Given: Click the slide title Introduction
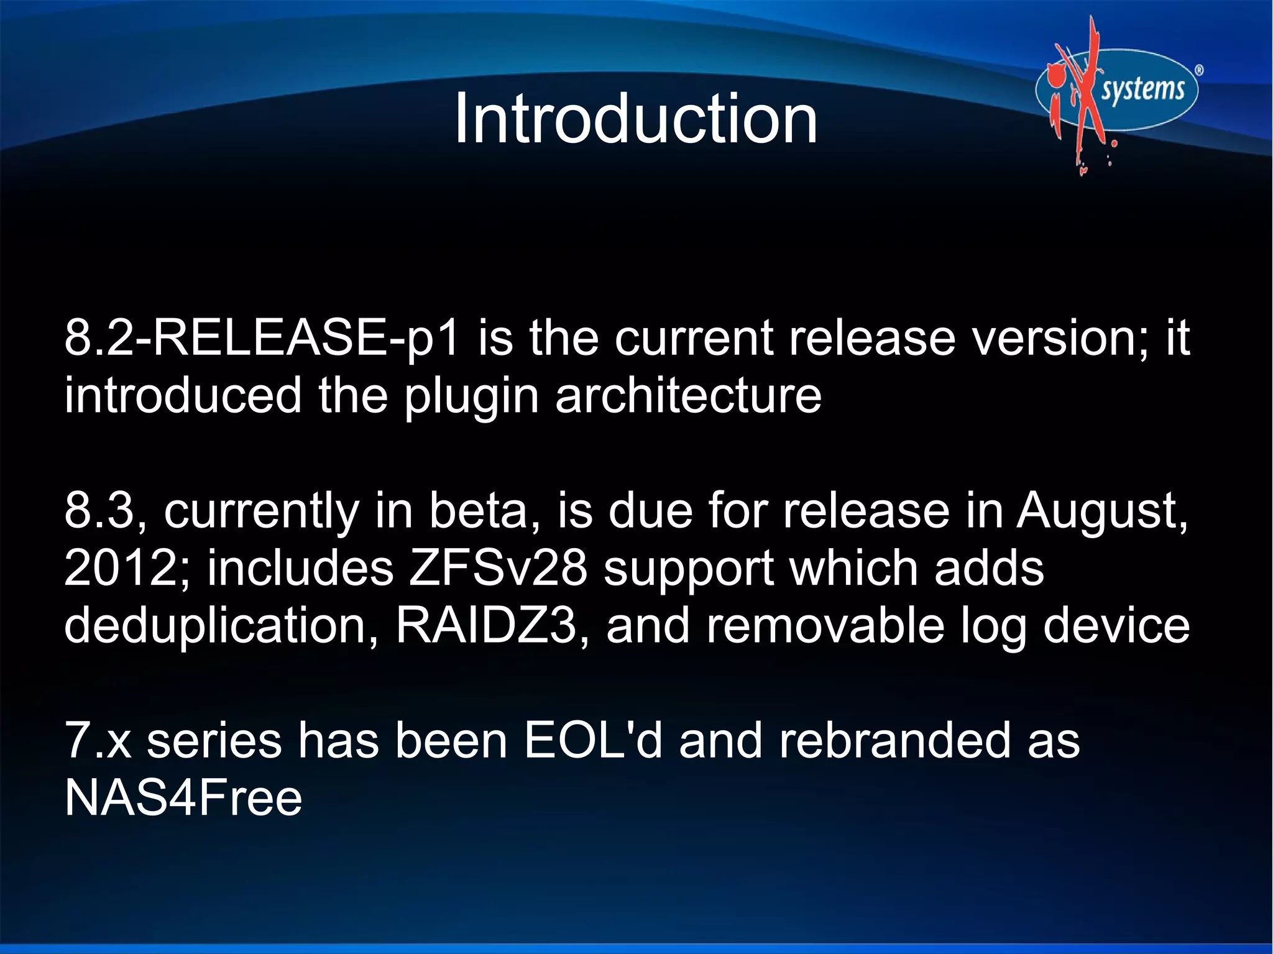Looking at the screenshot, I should pyautogui.click(x=635, y=119).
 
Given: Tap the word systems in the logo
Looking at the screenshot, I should pyautogui.click(x=1143, y=90).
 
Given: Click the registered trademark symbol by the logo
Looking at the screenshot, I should pyautogui.click(x=1199, y=71).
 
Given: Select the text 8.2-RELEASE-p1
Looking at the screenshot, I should pyautogui.click(x=261, y=339).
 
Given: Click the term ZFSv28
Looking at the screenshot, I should pyautogui.click(x=497, y=569).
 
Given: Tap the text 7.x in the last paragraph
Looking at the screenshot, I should pyautogui.click(x=98, y=741).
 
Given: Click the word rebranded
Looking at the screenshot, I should pyautogui.click(x=894, y=741).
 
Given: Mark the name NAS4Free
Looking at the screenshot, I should pyautogui.click(x=183, y=799).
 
